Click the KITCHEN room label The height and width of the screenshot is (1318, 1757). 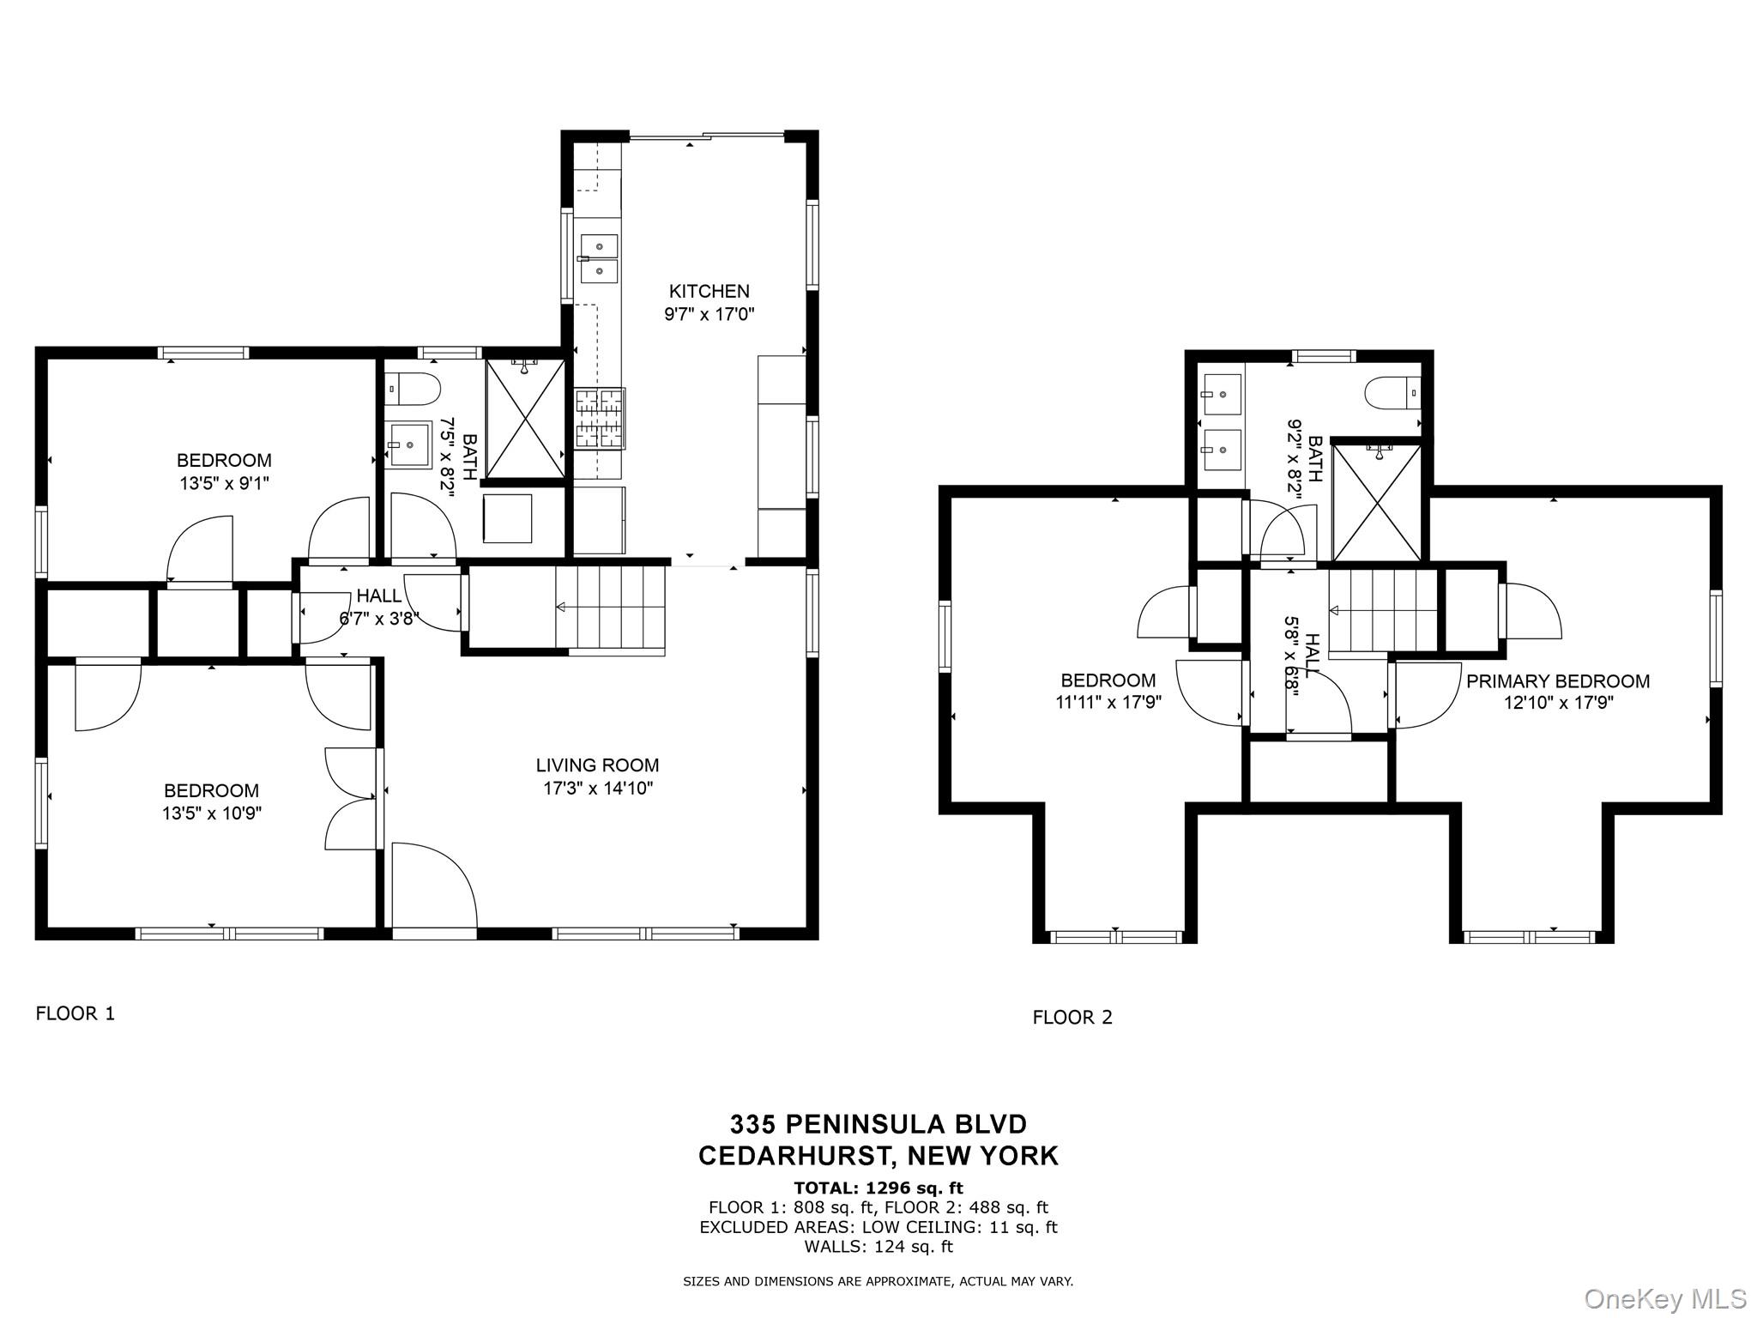click(x=709, y=292)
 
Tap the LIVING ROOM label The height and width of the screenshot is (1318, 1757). click(x=597, y=765)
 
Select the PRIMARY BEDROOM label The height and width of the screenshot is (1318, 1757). click(x=1557, y=681)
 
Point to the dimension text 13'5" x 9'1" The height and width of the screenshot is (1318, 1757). click(x=224, y=483)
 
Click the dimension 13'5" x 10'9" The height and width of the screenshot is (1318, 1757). click(x=211, y=813)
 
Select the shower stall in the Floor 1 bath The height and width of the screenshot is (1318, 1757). click(x=525, y=418)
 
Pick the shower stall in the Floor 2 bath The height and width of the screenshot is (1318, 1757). click(x=1376, y=501)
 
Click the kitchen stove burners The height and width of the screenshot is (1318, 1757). click(x=599, y=418)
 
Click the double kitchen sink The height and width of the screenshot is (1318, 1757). click(x=599, y=257)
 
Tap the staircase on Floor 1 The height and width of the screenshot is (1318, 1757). click(x=610, y=608)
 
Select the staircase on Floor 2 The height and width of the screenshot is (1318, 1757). click(x=1382, y=611)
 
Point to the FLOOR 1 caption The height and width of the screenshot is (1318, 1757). click(x=75, y=1013)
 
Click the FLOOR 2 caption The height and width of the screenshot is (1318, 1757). click(x=1072, y=1018)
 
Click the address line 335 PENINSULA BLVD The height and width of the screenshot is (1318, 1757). click(x=878, y=1123)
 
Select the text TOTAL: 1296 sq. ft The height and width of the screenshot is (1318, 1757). click(x=878, y=1188)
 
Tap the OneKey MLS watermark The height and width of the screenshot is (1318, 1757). click(x=1664, y=1298)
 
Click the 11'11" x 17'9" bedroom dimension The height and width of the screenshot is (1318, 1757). click(x=1108, y=703)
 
